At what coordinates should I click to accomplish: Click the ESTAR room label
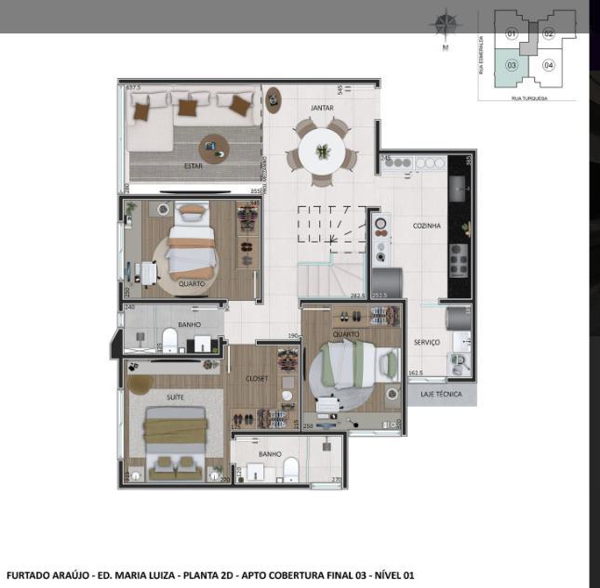click(x=193, y=166)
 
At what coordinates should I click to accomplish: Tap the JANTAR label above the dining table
click(x=322, y=108)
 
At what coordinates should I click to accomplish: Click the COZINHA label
click(x=427, y=226)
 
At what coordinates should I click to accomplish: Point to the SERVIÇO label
click(x=426, y=342)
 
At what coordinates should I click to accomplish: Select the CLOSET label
click(x=257, y=378)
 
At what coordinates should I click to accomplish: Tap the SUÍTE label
click(x=175, y=397)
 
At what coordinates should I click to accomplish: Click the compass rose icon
click(x=447, y=25)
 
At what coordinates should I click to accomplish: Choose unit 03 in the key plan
click(x=512, y=65)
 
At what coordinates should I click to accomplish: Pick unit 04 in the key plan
click(x=549, y=65)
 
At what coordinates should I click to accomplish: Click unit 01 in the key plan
click(x=511, y=33)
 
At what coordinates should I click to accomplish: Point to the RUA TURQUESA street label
click(x=528, y=96)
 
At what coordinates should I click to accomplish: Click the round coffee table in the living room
click(x=214, y=147)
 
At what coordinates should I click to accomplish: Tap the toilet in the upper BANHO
click(x=170, y=339)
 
